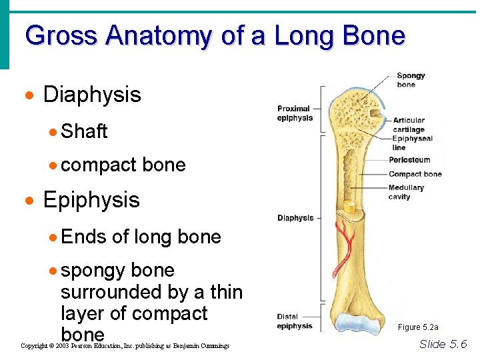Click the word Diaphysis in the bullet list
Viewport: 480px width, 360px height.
pos(92,95)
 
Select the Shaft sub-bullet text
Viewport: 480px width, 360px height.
pos(84,131)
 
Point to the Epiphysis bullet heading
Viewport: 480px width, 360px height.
pos(91,200)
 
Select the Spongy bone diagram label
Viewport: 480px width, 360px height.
pos(410,80)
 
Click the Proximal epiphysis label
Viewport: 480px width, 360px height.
pos(295,113)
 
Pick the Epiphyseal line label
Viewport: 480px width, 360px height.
pos(412,143)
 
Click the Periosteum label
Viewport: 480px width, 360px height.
pos(409,160)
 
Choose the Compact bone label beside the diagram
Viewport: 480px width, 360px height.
pos(415,174)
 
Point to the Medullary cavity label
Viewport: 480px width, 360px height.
pos(406,192)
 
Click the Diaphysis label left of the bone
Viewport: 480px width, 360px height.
pos(295,218)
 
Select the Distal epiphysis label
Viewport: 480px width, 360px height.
pos(295,322)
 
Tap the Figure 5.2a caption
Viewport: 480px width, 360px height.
pos(418,327)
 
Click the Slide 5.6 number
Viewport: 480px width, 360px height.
pos(443,344)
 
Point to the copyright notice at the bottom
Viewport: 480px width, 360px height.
pos(125,346)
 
